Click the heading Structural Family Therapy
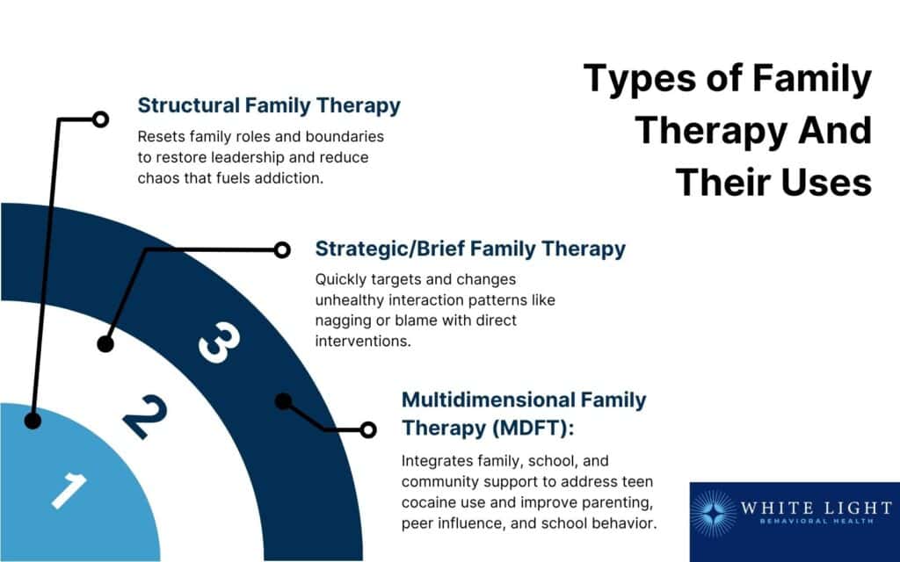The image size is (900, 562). coord(269,105)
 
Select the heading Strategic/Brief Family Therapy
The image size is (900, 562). coord(470,249)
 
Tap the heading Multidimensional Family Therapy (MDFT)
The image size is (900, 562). coord(524,413)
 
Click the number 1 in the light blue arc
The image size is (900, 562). coord(69,489)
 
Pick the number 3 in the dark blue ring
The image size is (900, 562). coord(218,342)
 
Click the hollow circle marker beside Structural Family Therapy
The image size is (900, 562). coord(100,119)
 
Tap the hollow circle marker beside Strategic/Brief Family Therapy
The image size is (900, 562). coord(281,250)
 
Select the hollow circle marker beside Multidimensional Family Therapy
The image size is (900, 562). coord(368,429)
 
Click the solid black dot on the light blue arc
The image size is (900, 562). coord(33,421)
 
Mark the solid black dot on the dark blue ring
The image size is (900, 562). coord(283,401)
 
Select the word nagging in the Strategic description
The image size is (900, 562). coord(345,321)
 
